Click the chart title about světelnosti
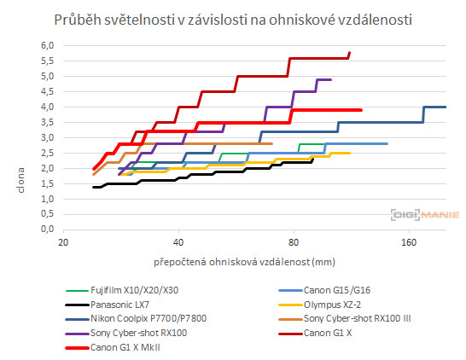232,19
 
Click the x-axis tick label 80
294,242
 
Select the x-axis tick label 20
62,242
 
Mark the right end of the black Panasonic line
313,158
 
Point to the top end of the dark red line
349,53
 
